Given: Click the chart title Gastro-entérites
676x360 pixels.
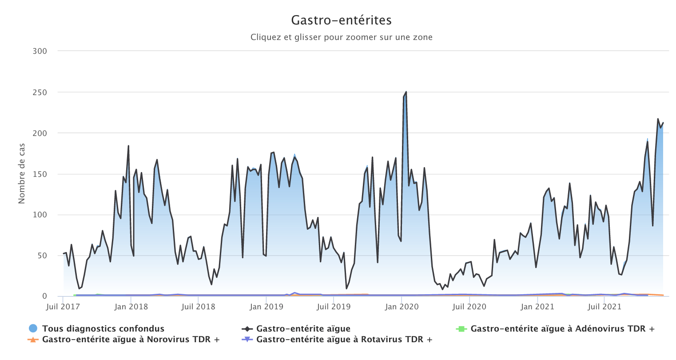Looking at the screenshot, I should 341,20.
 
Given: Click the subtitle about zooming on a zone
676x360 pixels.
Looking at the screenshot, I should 341,37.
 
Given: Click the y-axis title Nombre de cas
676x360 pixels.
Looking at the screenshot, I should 22,173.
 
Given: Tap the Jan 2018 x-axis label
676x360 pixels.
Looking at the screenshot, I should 131,307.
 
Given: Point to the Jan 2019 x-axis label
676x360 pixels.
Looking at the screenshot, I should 266,307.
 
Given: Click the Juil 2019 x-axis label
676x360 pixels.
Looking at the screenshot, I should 334,307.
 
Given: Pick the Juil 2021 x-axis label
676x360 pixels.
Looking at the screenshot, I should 604,307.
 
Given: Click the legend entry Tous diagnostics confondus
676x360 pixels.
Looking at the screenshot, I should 103,329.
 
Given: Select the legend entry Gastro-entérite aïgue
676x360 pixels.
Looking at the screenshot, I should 303,329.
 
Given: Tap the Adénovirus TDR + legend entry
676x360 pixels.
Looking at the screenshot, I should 562,329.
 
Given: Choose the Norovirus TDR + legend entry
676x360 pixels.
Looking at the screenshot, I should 131,340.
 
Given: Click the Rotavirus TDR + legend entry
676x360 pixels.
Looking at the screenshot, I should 344,340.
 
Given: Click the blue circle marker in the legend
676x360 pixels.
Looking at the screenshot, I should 32,329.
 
